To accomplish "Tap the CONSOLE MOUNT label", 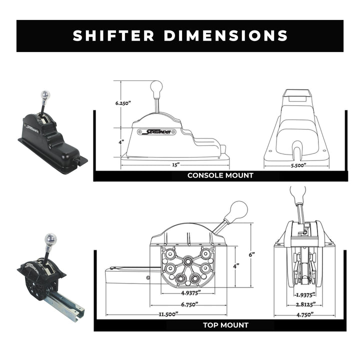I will (220, 175).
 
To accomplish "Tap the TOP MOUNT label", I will (225, 325).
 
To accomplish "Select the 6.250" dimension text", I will (123, 103).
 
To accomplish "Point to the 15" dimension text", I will (175, 164).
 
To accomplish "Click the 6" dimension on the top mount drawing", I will (252, 254).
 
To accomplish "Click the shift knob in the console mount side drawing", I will (156, 86).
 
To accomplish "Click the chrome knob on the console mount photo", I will (45, 95).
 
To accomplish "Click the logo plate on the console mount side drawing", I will (156, 132).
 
